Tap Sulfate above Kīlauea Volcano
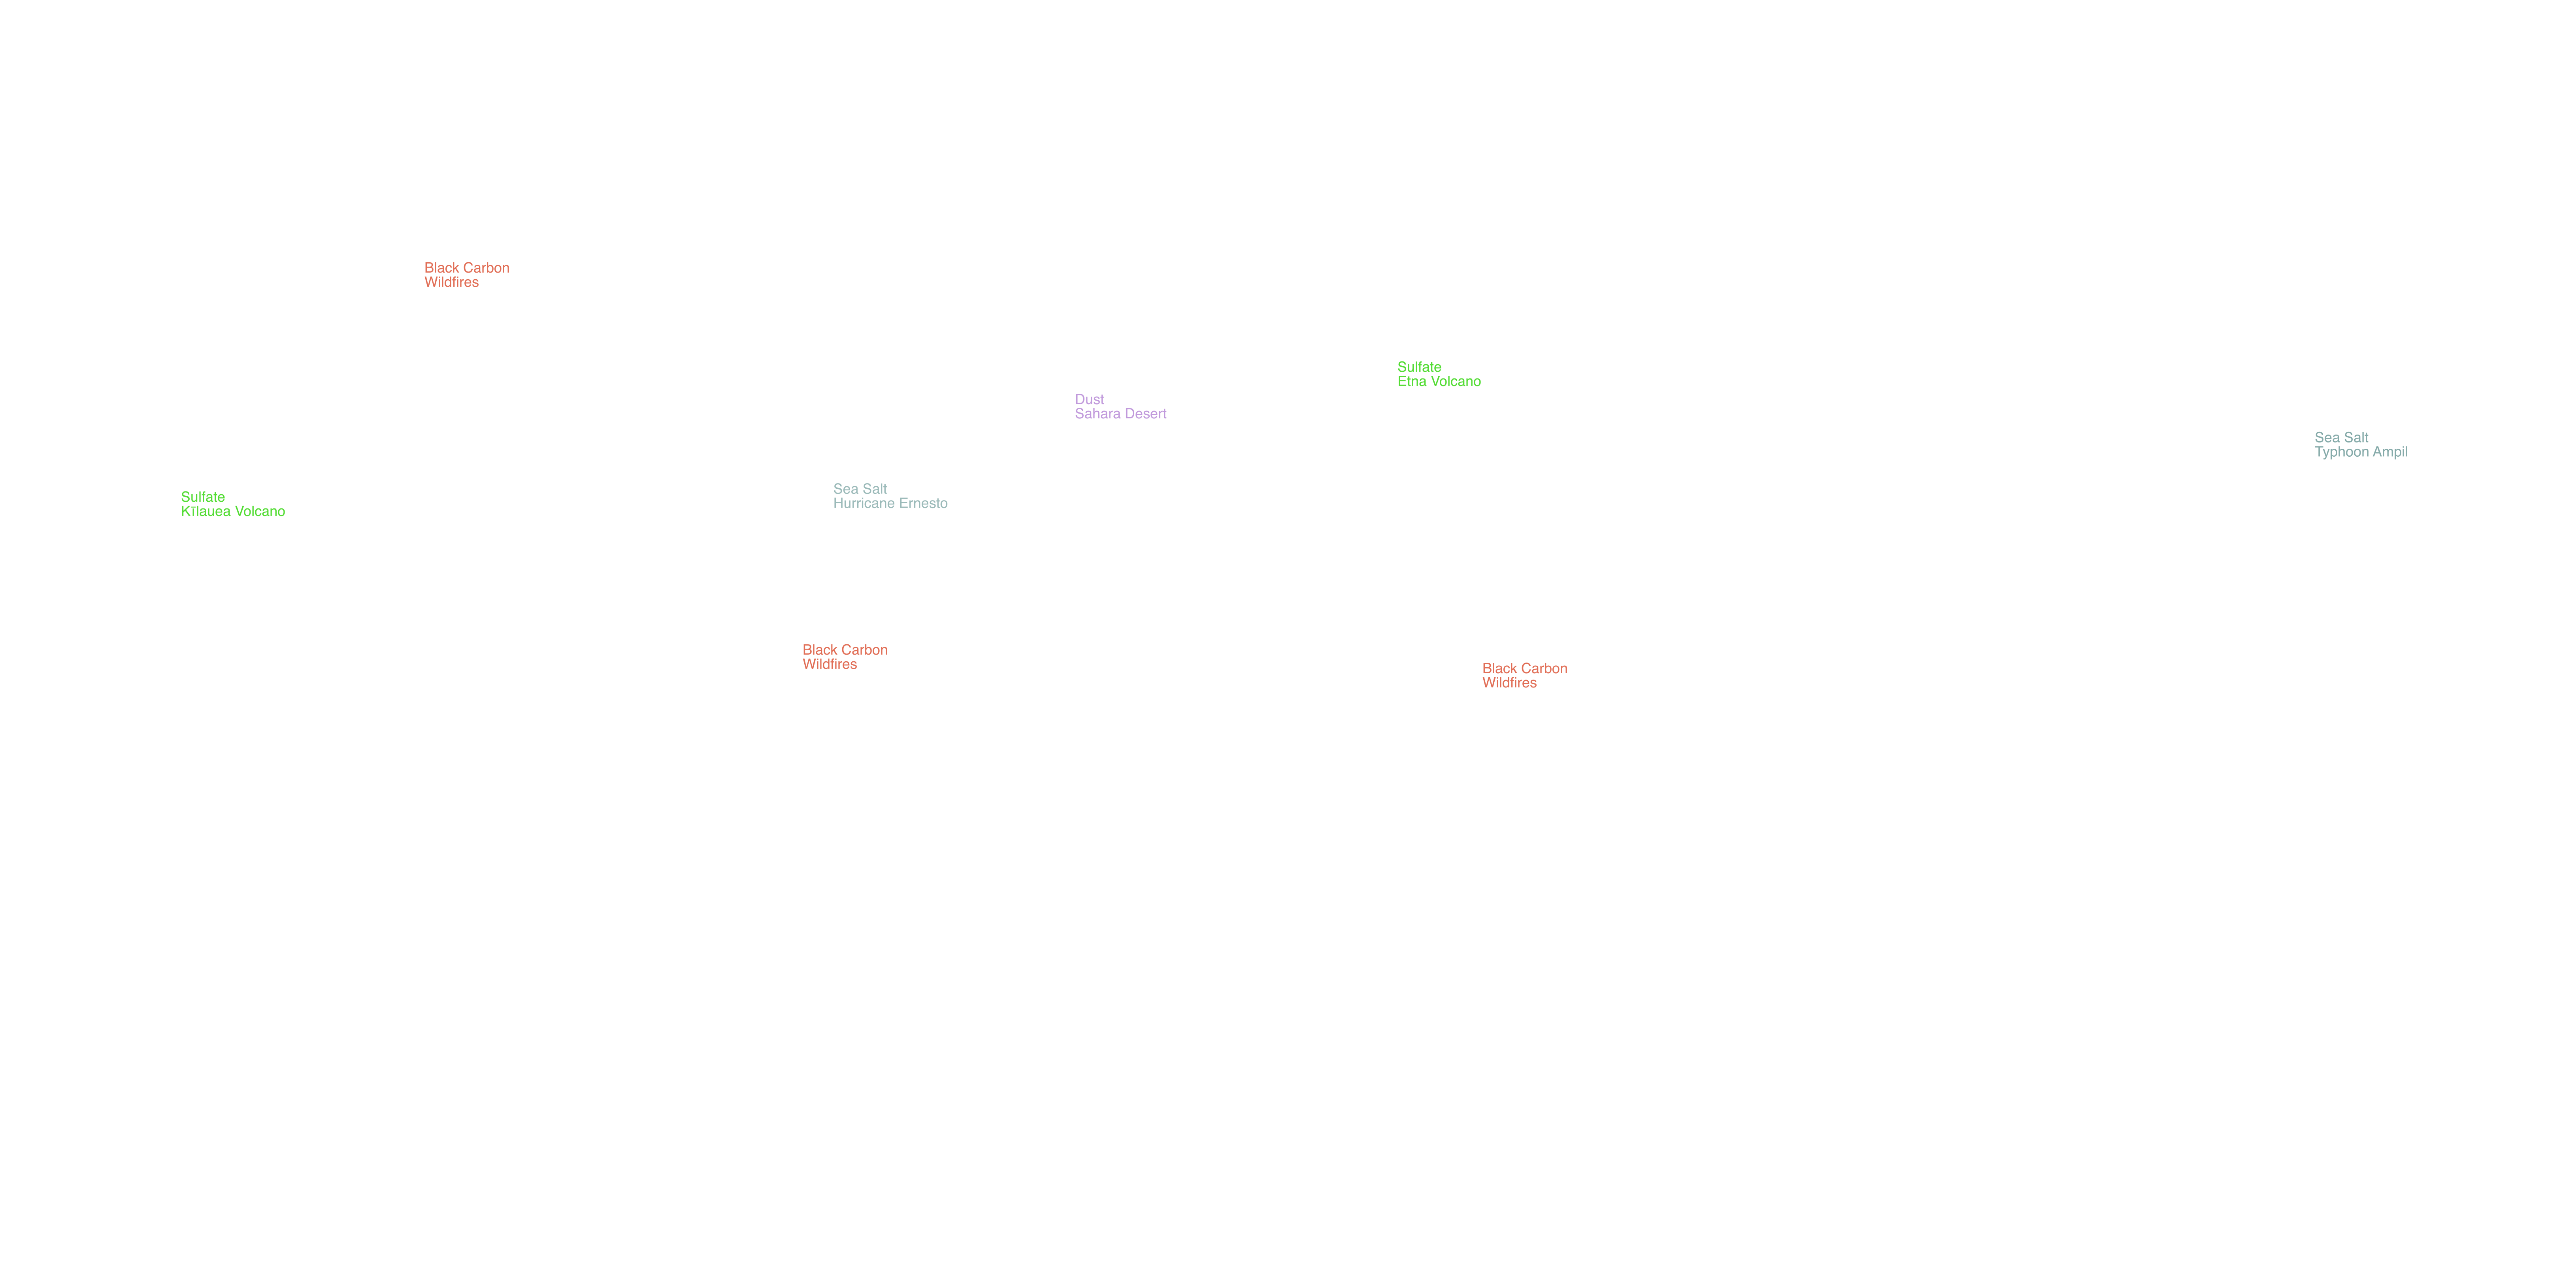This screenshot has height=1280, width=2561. coord(203,497)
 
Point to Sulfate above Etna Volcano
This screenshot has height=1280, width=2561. coord(1420,367)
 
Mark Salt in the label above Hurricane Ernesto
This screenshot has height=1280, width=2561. coord(875,489)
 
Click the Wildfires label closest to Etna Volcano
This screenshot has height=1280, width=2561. coord(1509,683)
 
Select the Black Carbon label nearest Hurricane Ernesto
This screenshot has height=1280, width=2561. coord(845,650)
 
